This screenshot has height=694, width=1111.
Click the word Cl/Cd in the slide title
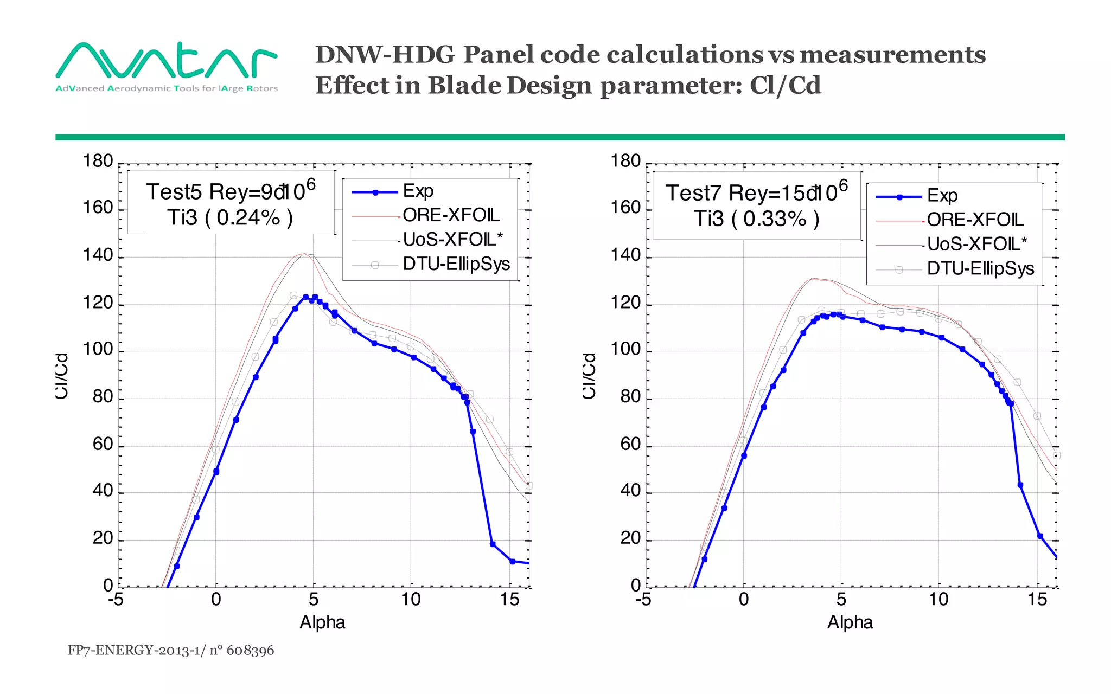pyautogui.click(x=785, y=85)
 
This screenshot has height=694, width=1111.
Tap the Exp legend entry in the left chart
pyautogui.click(x=418, y=191)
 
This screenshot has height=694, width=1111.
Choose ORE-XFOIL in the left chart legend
pyautogui.click(x=451, y=215)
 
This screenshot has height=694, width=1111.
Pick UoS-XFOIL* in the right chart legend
pyautogui.click(x=976, y=244)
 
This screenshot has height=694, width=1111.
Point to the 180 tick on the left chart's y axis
pyautogui.click(x=98, y=161)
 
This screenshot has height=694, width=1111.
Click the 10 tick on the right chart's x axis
pyautogui.click(x=938, y=599)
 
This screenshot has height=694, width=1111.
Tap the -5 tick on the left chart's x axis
pyautogui.click(x=116, y=599)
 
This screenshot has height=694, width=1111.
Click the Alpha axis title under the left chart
pyautogui.click(x=322, y=622)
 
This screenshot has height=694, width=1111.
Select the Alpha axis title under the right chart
pyautogui.click(x=850, y=622)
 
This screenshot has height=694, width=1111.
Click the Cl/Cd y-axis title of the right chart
pyautogui.click(x=590, y=376)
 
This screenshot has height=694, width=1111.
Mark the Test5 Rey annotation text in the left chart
pyautogui.click(x=231, y=192)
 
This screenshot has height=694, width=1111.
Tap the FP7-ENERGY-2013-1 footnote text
pyautogui.click(x=170, y=650)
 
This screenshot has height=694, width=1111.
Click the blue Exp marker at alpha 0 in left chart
pyautogui.click(x=216, y=472)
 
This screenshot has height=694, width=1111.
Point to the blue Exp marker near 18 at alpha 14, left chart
pyautogui.click(x=493, y=544)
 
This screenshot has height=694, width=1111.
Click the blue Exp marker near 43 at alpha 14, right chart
pyautogui.click(x=1020, y=485)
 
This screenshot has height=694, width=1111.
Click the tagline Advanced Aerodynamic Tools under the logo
pyautogui.click(x=166, y=88)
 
